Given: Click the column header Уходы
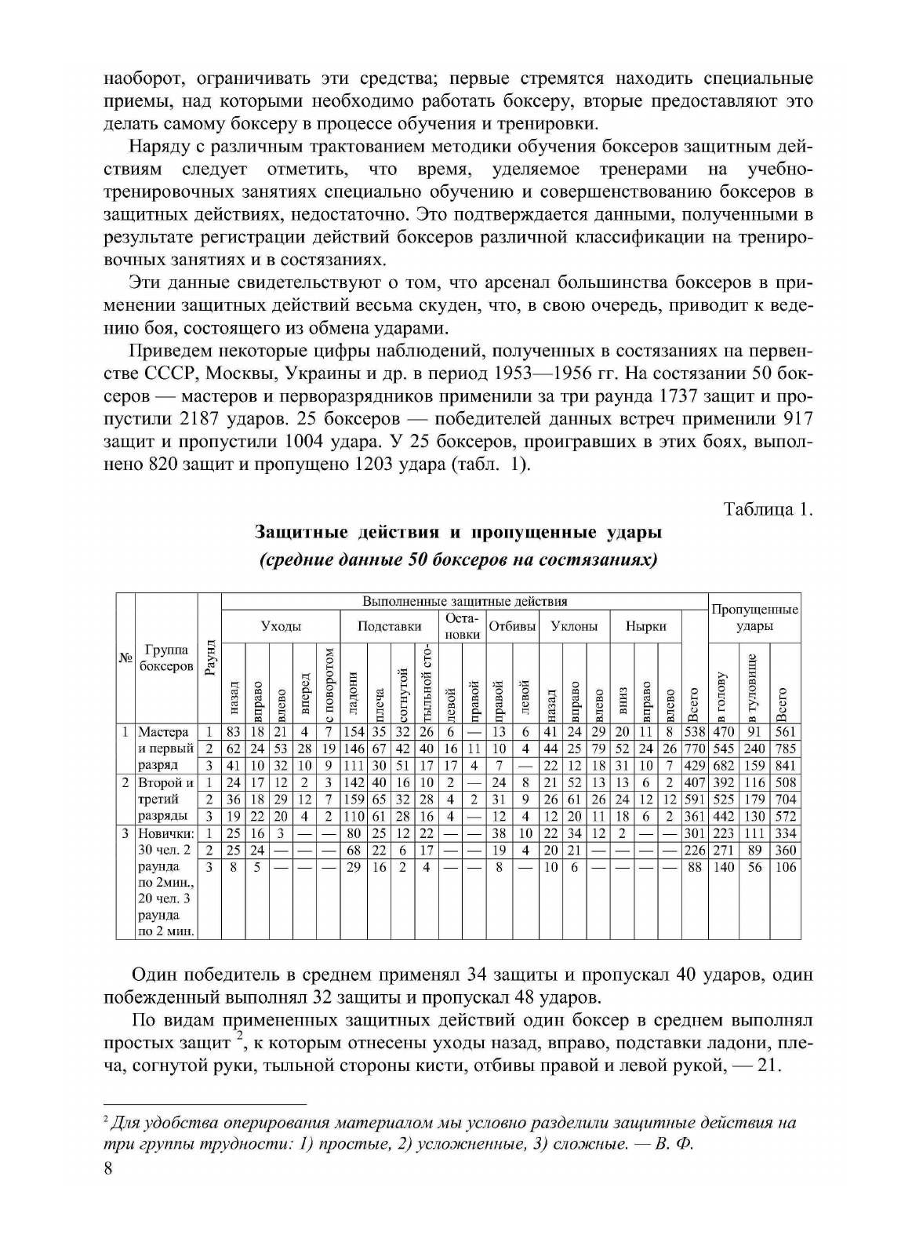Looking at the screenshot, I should [x=281, y=626].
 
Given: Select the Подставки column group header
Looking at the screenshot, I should [x=389, y=626].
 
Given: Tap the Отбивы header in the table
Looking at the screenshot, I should [x=512, y=626].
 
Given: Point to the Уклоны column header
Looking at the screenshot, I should [x=574, y=626].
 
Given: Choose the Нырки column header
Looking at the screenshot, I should [x=645, y=626].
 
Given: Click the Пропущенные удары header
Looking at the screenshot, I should [x=754, y=618].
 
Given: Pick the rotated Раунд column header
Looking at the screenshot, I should [x=209, y=658].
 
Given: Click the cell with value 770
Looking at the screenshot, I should [x=694, y=749].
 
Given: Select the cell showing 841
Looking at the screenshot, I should [x=785, y=765].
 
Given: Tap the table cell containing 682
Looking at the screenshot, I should [x=723, y=765].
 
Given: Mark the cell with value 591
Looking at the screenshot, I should [x=694, y=800].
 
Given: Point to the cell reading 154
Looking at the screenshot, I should [x=354, y=732].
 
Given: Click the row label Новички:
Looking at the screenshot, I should [x=165, y=833].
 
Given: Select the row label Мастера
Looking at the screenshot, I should [x=163, y=732].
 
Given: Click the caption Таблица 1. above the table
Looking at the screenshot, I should [x=768, y=509].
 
